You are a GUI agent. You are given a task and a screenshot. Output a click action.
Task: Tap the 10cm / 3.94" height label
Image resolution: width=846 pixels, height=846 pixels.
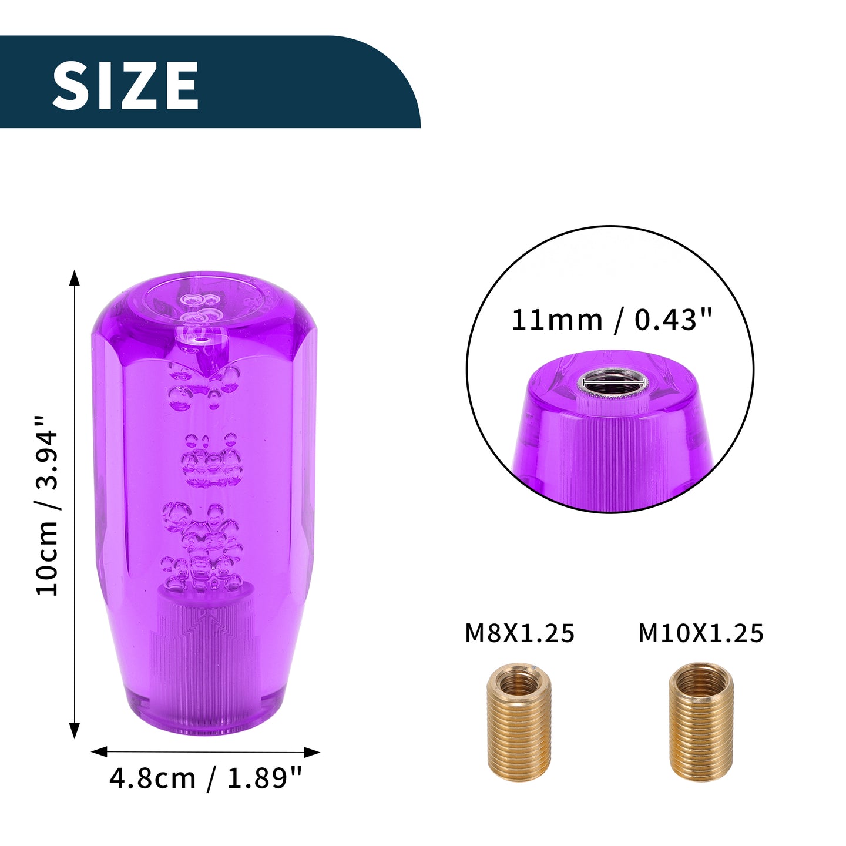pos(47,506)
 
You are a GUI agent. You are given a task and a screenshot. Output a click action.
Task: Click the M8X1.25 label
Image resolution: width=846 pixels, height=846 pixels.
pos(519,633)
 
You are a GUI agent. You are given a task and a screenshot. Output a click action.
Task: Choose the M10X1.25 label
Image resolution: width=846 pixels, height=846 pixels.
pos(701,633)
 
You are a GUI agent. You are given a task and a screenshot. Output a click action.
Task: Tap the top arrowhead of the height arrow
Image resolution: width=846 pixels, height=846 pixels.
pos(75,278)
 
